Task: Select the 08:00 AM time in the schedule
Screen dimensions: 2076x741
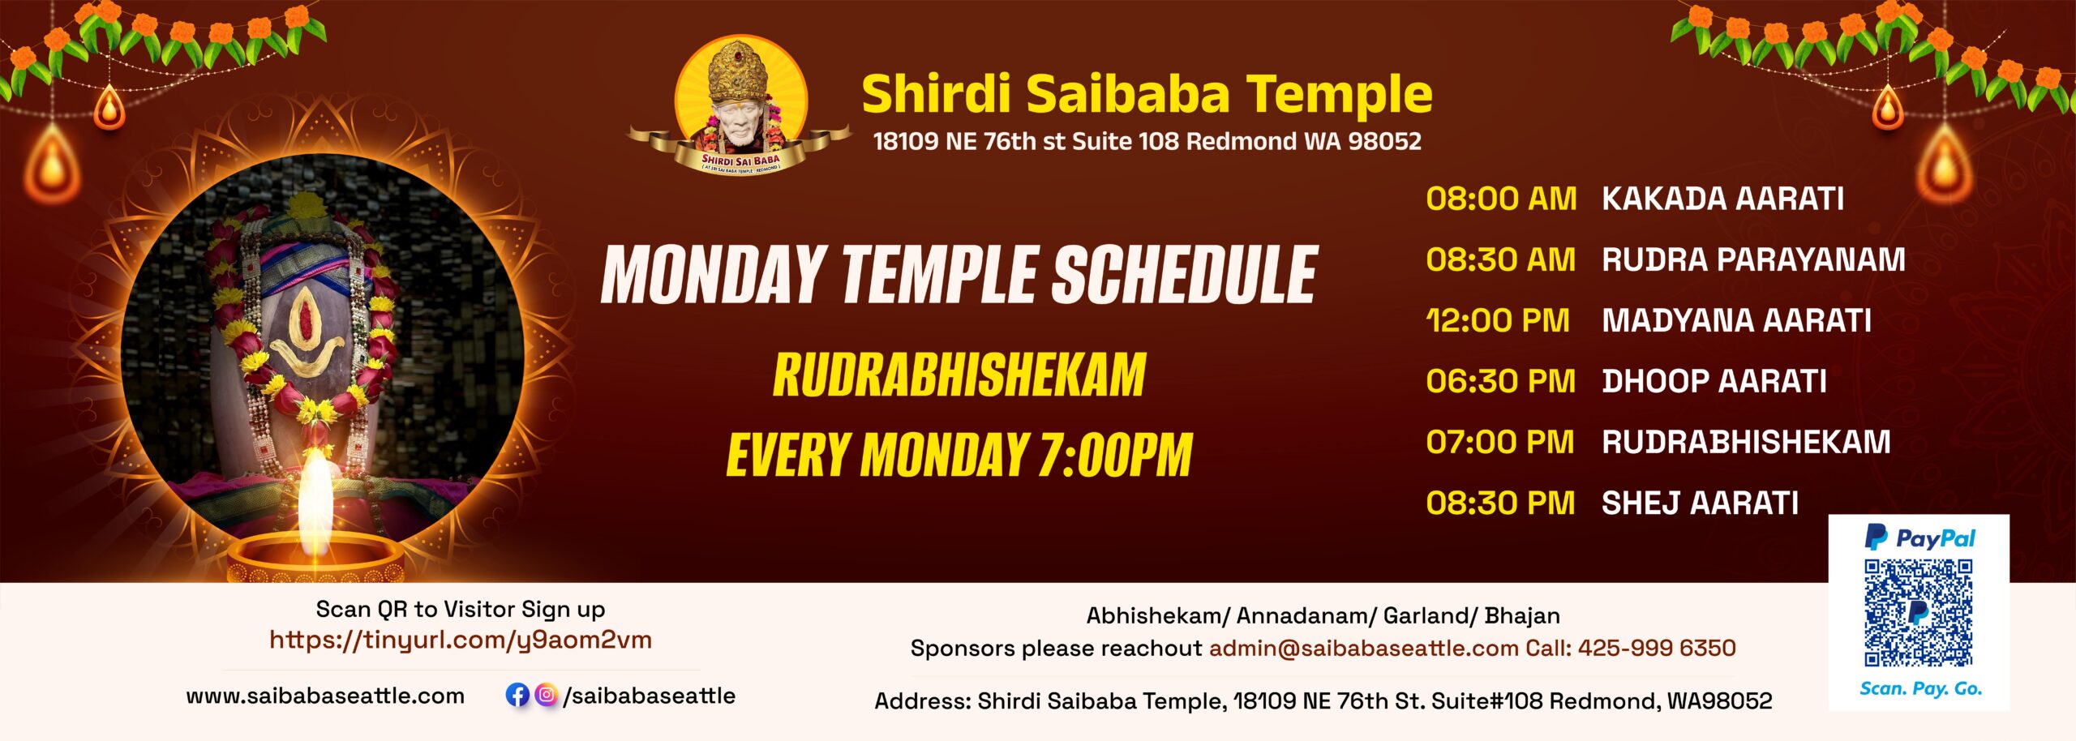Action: (x=1501, y=199)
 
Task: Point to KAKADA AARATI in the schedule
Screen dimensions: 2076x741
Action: (x=1722, y=199)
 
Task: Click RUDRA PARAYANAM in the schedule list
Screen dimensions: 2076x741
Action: (x=1753, y=260)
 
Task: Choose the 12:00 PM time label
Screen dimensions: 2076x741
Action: (x=1498, y=321)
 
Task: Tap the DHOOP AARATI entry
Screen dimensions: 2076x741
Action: (x=1714, y=382)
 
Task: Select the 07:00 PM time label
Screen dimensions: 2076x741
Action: (x=1500, y=443)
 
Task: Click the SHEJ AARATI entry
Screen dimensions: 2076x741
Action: (x=1700, y=503)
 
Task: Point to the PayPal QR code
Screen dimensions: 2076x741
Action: (x=1919, y=613)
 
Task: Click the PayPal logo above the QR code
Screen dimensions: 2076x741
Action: (x=1919, y=538)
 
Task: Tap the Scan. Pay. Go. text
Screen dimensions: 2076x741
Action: (x=1920, y=689)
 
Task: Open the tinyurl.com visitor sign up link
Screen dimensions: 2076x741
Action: (x=461, y=640)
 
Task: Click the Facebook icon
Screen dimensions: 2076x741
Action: (x=517, y=695)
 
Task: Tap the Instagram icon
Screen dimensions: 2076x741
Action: (x=547, y=695)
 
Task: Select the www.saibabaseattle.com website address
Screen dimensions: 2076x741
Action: (x=325, y=696)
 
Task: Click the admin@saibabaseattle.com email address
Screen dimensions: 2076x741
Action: (x=1364, y=649)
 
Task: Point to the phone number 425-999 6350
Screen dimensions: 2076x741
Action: (x=1657, y=649)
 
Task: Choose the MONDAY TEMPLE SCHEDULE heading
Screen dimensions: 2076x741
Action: (x=959, y=275)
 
